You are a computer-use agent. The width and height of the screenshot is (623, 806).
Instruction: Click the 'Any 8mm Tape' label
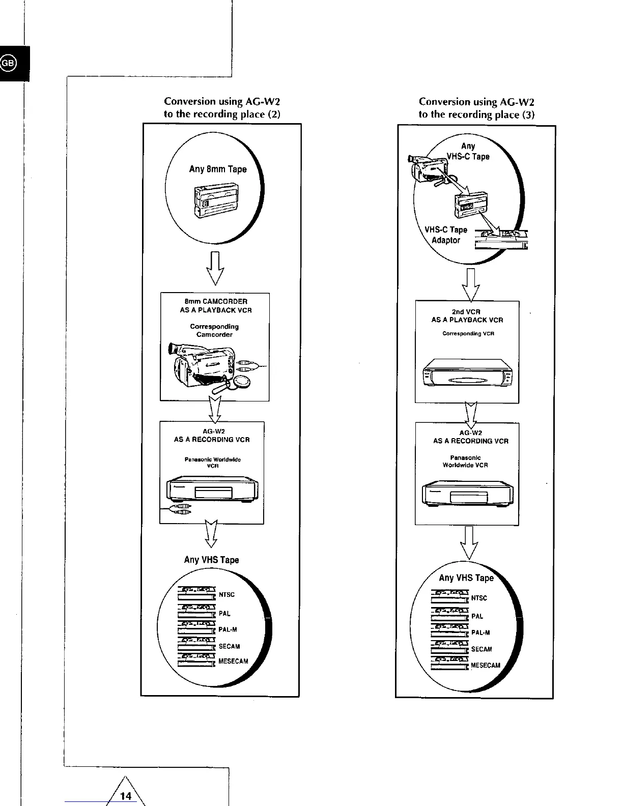coord(218,169)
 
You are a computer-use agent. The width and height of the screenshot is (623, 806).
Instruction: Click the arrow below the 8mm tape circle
coord(215,268)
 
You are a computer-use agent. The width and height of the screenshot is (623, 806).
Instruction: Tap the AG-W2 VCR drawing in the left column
coord(213,490)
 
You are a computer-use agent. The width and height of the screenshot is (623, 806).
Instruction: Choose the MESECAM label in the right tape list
coord(486,665)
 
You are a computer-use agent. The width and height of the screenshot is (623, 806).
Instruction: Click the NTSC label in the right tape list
coord(479,598)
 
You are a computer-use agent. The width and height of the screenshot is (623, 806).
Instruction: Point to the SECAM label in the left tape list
coord(229,646)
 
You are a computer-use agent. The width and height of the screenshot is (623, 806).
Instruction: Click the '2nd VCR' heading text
coord(466,312)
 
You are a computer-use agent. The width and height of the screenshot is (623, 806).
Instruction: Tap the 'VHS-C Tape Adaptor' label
coord(446,235)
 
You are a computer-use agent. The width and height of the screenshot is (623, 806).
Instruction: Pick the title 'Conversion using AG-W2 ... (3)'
coord(476,108)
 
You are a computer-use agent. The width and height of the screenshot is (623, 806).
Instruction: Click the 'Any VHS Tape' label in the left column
coord(211,560)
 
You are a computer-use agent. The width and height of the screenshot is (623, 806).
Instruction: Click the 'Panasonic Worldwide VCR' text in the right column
coord(465,462)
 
